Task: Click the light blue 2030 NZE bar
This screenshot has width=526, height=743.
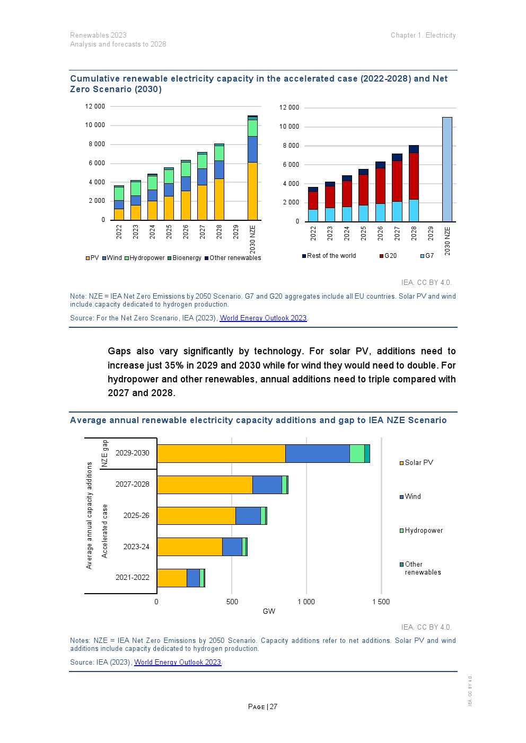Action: pyautogui.click(x=447, y=169)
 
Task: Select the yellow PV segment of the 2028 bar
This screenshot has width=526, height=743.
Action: pyautogui.click(x=219, y=199)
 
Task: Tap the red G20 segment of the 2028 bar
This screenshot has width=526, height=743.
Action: pyautogui.click(x=414, y=176)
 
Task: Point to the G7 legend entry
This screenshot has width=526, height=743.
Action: pyautogui.click(x=427, y=256)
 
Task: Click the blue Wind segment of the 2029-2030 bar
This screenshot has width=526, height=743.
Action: pyautogui.click(x=317, y=453)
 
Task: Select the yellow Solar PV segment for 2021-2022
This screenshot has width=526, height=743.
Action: pyautogui.click(x=172, y=578)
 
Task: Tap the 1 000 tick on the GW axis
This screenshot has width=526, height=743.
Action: pyautogui.click(x=306, y=602)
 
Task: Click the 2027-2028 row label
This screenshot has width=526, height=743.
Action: pyautogui.click(x=133, y=484)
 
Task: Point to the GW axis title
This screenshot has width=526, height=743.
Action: pyautogui.click(x=269, y=611)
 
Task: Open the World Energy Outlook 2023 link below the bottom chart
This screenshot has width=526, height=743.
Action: pyautogui.click(x=177, y=662)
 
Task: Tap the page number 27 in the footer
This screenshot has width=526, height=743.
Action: pyautogui.click(x=274, y=706)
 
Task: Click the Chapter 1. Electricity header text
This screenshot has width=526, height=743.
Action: pyautogui.click(x=423, y=35)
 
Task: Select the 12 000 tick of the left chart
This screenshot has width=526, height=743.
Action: pyautogui.click(x=95, y=106)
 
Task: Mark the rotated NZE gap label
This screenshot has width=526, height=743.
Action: pyautogui.click(x=105, y=453)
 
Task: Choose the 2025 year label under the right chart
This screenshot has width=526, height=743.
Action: pyautogui.click(x=363, y=234)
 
